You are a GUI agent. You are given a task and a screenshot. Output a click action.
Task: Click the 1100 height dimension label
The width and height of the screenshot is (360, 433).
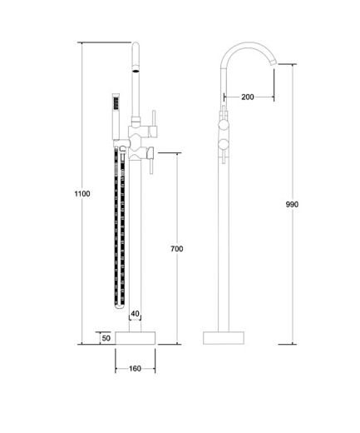[x=82, y=193]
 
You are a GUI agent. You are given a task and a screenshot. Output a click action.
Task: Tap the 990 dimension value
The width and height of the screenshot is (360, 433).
[x=292, y=204]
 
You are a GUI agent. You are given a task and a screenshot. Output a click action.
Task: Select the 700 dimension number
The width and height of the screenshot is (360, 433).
[x=177, y=249]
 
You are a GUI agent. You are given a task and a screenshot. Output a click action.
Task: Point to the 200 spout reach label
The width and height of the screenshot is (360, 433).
[x=248, y=97]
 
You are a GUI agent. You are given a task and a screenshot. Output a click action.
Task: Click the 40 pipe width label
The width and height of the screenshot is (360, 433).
[x=135, y=314]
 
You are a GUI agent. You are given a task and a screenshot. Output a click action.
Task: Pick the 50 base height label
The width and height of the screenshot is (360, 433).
[x=106, y=338]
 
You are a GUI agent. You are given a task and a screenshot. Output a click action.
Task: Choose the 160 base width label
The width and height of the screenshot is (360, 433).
[x=135, y=369]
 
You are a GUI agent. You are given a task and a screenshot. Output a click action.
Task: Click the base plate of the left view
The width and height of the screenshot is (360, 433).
[x=136, y=338]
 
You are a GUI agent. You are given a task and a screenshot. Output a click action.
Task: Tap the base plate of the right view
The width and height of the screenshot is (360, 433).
[x=224, y=338]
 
